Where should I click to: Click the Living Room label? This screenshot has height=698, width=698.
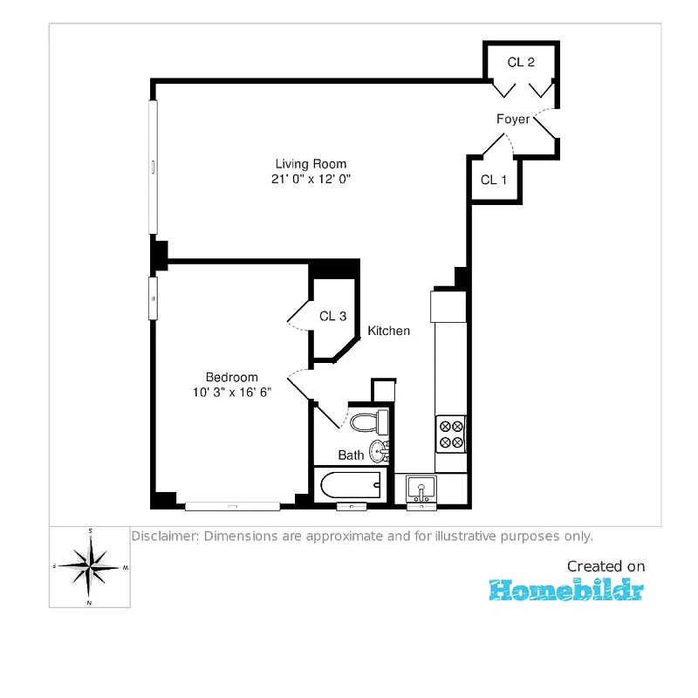click(x=311, y=164)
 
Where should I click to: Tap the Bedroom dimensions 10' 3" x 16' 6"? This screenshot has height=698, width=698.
click(x=232, y=392)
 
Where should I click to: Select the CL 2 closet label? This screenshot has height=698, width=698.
click(x=521, y=62)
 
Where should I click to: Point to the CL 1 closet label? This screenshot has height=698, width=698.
click(x=494, y=180)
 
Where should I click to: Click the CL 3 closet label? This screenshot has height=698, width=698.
click(x=333, y=316)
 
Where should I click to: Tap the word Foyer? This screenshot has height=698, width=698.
click(x=513, y=120)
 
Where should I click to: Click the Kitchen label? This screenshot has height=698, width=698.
click(x=388, y=331)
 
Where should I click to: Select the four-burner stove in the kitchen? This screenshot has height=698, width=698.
click(x=451, y=434)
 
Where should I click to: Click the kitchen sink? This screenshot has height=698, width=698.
click(x=421, y=489)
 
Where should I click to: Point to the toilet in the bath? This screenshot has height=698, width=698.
click(x=369, y=422)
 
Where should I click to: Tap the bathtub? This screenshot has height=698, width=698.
click(x=351, y=485)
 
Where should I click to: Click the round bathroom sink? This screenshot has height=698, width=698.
click(x=379, y=451)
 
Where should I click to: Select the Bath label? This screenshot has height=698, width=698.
click(x=351, y=455)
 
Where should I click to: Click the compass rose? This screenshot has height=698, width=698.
click(x=90, y=566)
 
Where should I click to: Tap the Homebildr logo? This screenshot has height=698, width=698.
click(x=566, y=590)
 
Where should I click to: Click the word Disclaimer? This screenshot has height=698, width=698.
click(x=165, y=536)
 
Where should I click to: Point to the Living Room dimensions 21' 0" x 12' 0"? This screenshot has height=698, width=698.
click(x=311, y=179)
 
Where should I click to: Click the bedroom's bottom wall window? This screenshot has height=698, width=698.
click(x=232, y=506)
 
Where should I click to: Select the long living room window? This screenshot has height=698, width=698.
click(x=153, y=167)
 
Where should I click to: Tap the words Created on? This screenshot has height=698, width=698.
click(x=606, y=566)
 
